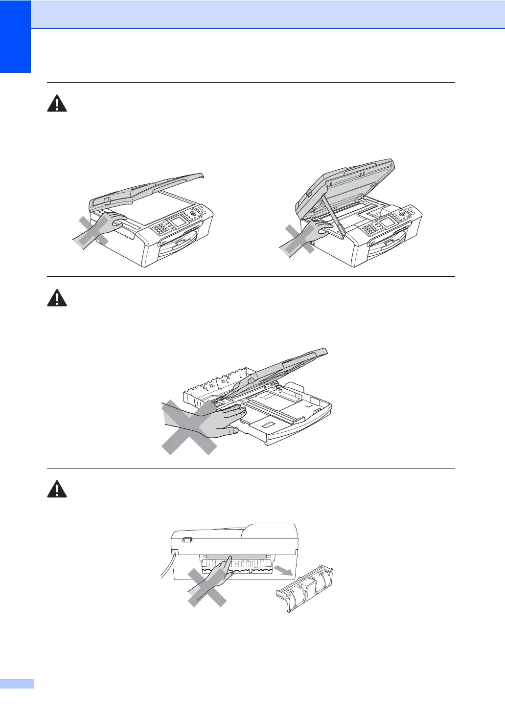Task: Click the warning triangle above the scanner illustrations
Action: (57, 104)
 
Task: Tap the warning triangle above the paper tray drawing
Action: (57, 298)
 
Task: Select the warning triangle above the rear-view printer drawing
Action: (57, 489)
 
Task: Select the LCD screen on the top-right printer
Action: (388, 223)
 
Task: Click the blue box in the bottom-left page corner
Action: (17, 684)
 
